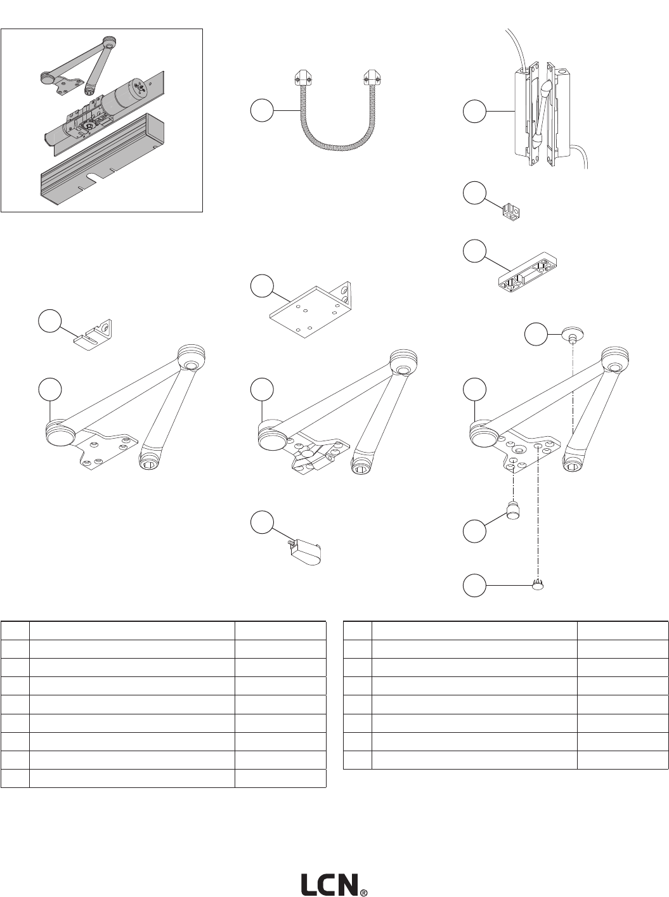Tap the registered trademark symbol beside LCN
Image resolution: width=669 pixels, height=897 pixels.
tap(363, 891)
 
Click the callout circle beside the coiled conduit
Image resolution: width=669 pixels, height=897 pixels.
tap(261, 110)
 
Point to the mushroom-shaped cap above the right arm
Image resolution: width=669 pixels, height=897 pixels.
tap(573, 334)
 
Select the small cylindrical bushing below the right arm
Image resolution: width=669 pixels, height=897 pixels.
tap(513, 509)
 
